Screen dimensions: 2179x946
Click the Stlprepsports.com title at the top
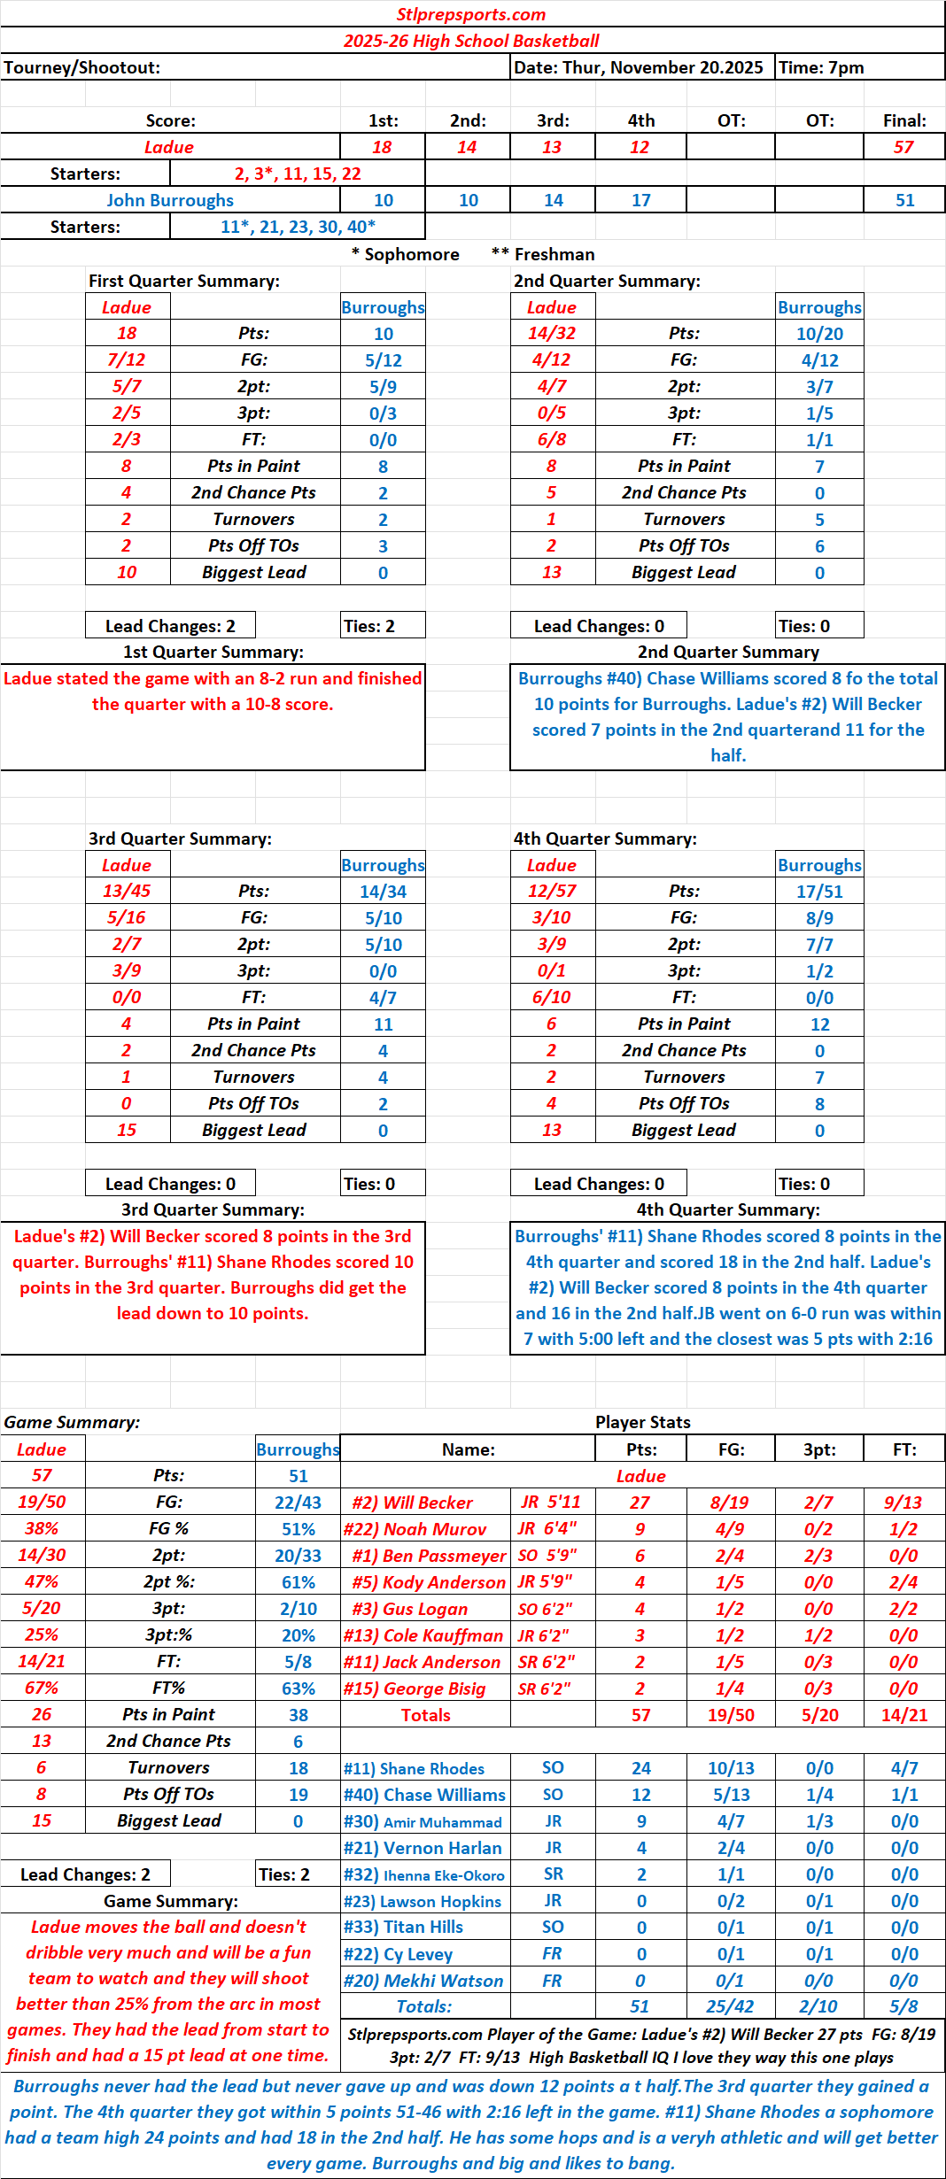click(471, 14)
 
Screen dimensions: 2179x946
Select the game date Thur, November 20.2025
click(638, 67)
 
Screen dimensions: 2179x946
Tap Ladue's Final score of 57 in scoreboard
click(903, 147)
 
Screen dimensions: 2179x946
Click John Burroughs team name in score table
click(170, 200)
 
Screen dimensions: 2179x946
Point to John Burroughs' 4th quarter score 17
click(640, 200)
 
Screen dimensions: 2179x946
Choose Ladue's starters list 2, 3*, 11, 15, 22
click(298, 174)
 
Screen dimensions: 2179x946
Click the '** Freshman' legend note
click(542, 254)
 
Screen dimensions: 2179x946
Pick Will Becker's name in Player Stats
click(412, 1503)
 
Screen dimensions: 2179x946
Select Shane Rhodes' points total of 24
click(640, 1768)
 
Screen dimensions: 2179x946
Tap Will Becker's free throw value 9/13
click(903, 1503)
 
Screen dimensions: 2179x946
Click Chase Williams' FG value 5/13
click(731, 1795)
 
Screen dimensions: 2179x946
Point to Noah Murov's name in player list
click(415, 1529)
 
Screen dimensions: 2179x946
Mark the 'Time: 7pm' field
click(821, 67)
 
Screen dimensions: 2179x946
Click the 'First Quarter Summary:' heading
click(184, 281)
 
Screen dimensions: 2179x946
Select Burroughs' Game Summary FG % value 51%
click(298, 1529)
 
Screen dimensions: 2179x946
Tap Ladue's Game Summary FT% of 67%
click(42, 1688)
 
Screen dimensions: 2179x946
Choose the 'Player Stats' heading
click(642, 1422)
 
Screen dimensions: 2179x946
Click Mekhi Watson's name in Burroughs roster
click(423, 1981)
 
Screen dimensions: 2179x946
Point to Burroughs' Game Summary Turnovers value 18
click(298, 1768)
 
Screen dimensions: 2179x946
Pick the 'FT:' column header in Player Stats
click(903, 1449)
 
